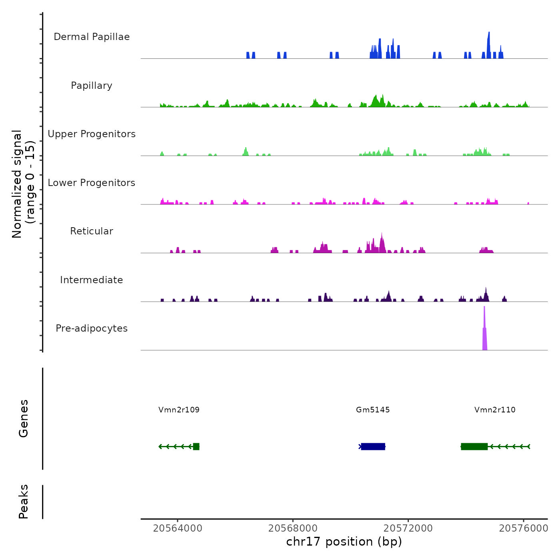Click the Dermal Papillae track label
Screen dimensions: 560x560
point(92,37)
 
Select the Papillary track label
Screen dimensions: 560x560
point(92,86)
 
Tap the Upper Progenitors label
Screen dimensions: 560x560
point(92,134)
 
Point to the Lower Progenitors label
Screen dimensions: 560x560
point(92,183)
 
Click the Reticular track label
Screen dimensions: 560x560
point(92,231)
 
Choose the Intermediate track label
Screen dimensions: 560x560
point(92,280)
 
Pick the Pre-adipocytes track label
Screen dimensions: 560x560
point(92,328)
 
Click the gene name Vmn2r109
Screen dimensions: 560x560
point(179,410)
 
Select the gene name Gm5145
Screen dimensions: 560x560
point(373,410)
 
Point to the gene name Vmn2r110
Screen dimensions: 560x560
point(495,410)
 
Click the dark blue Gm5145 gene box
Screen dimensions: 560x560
point(373,446)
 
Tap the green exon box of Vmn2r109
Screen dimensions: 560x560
point(196,446)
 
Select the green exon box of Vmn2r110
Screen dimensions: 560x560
point(474,446)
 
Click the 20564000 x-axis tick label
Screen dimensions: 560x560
point(178,528)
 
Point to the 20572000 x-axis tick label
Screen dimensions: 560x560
point(408,528)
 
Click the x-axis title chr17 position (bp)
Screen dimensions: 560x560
point(344,542)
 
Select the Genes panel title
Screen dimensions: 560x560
point(24,418)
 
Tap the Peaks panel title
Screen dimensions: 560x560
point(24,502)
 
